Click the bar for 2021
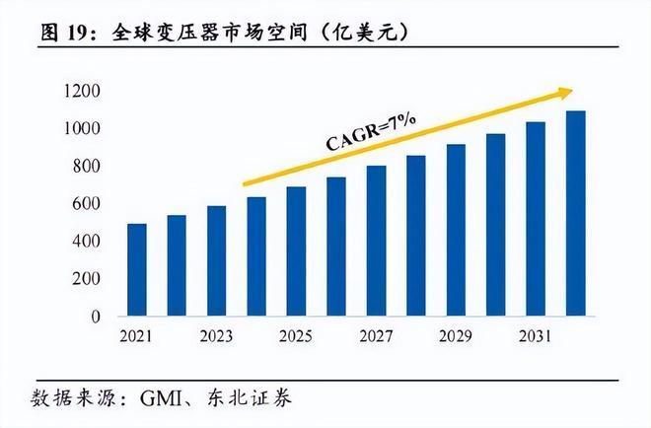click(x=137, y=270)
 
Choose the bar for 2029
click(x=456, y=231)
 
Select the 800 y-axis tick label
click(x=86, y=167)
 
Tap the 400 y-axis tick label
click(x=86, y=242)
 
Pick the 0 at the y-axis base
click(x=97, y=317)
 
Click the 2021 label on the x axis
click(x=137, y=337)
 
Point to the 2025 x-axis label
click(x=296, y=337)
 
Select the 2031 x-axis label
click(x=536, y=337)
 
